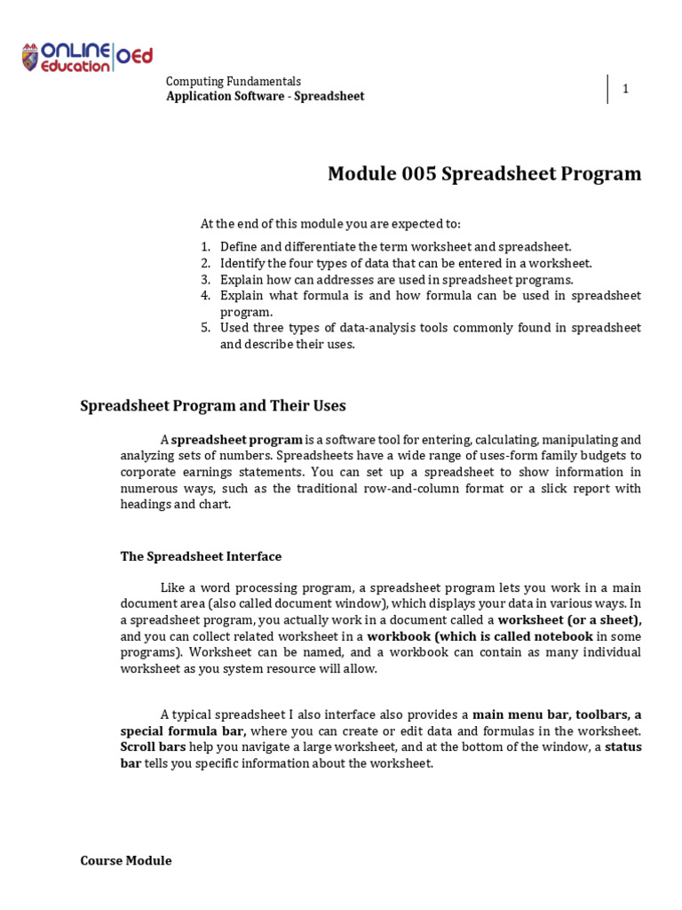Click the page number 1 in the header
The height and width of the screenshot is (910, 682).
(x=625, y=89)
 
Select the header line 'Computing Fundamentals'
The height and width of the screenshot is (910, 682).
(x=234, y=81)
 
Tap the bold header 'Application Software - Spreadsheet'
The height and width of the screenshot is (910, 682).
(x=266, y=96)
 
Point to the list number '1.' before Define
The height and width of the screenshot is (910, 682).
(x=205, y=247)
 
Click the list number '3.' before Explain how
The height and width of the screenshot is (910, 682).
(x=205, y=279)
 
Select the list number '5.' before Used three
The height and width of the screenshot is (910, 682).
(x=205, y=328)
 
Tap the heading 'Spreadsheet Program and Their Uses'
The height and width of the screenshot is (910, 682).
(x=213, y=406)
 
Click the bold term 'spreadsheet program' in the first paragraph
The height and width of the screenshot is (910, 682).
(x=236, y=440)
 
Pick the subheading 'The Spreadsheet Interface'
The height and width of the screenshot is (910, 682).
(x=201, y=556)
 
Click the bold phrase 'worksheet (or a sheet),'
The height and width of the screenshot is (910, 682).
(x=569, y=620)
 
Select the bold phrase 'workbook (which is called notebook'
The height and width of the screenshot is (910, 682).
(x=480, y=636)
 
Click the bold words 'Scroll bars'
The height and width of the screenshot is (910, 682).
(x=154, y=747)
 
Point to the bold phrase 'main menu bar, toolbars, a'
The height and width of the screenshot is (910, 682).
(x=557, y=714)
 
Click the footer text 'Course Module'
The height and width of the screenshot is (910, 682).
(x=126, y=860)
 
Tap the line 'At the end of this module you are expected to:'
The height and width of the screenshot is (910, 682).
(x=330, y=223)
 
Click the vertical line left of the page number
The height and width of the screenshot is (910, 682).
(x=608, y=89)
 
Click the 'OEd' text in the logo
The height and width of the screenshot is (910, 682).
(x=134, y=57)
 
